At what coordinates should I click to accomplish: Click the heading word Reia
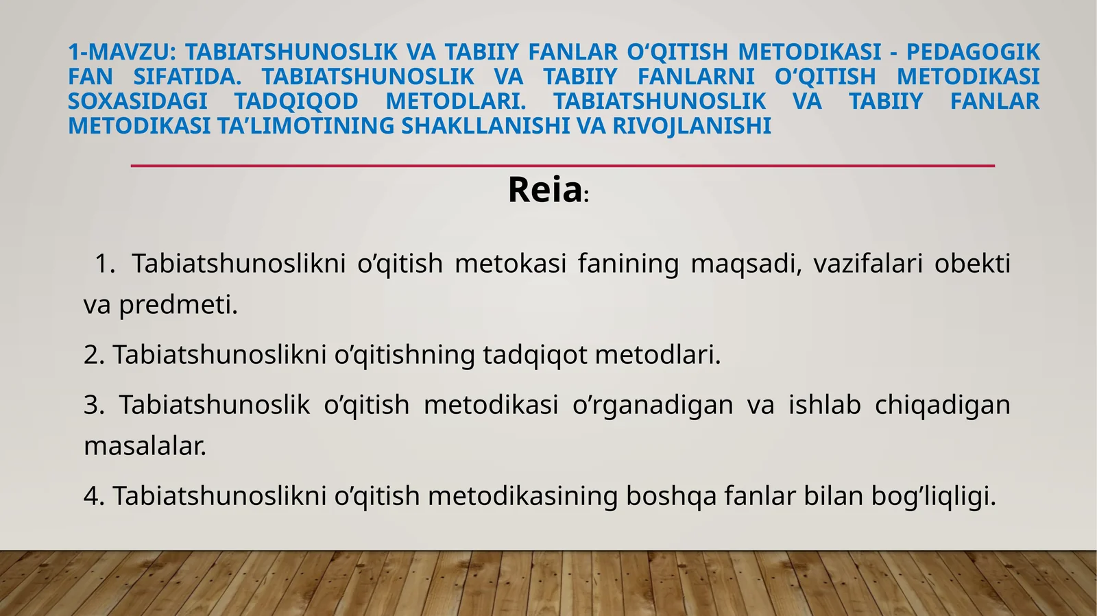point(544,190)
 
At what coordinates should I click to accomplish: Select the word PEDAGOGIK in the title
point(973,52)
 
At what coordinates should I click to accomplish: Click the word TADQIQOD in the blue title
point(296,101)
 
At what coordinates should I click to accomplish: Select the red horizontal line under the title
point(562,166)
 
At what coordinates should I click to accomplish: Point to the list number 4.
point(93,495)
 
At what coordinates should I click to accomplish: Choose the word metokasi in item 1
point(510,263)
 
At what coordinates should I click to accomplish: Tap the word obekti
point(972,263)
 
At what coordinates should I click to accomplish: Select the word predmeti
point(178,305)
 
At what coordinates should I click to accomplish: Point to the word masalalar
point(145,446)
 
